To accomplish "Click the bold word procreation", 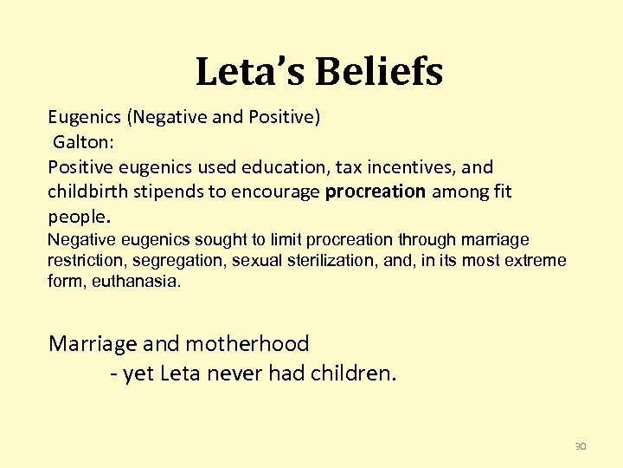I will click(x=376, y=191).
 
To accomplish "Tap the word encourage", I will click(x=279, y=191).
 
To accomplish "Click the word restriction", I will click(x=80, y=261).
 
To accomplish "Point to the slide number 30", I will click(x=581, y=446).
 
